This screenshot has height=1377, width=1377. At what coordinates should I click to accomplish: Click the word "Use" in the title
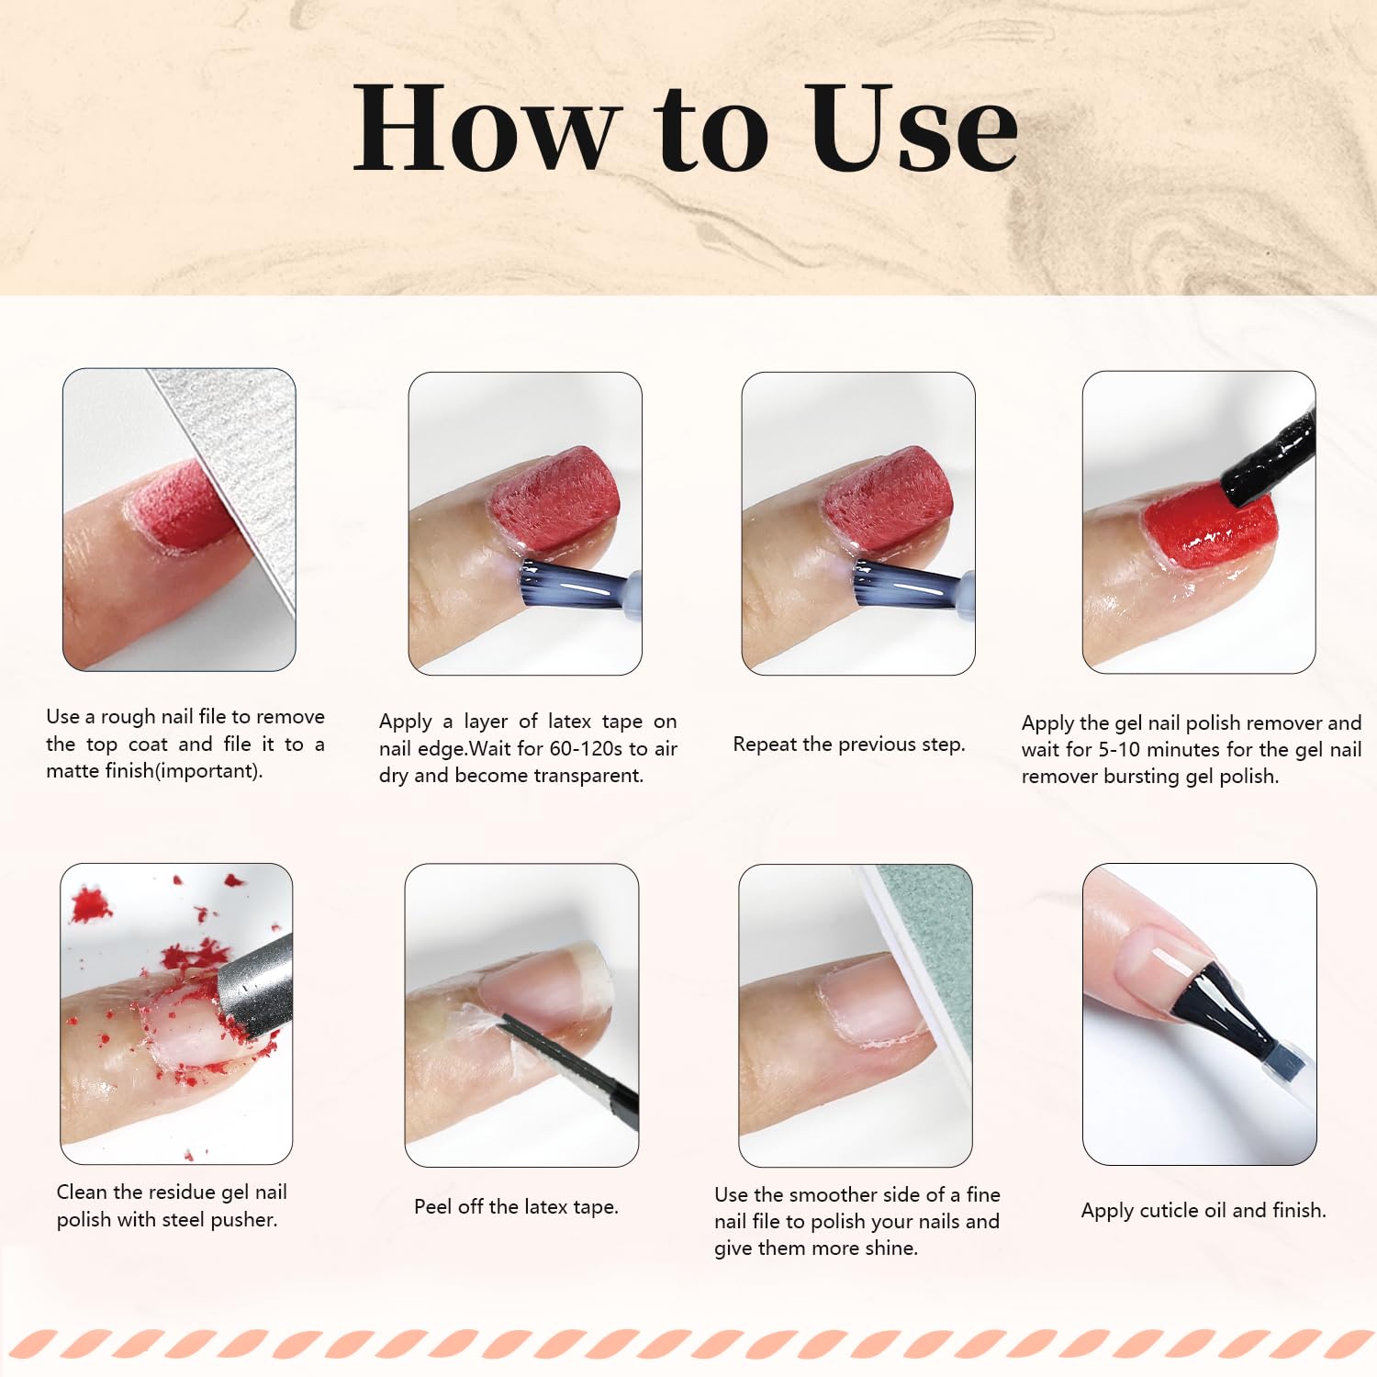pos(913,129)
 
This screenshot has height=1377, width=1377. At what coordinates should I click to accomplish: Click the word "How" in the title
pos(487,129)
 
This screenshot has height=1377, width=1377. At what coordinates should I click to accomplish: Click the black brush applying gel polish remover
pos(1271,459)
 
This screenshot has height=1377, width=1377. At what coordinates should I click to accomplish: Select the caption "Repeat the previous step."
pos(849,744)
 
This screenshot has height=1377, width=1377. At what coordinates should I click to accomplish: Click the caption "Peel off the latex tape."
pos(516,1207)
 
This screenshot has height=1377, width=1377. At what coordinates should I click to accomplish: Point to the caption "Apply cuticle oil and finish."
pos(1203,1211)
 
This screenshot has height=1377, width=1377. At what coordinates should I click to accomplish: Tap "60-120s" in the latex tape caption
pos(586,749)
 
